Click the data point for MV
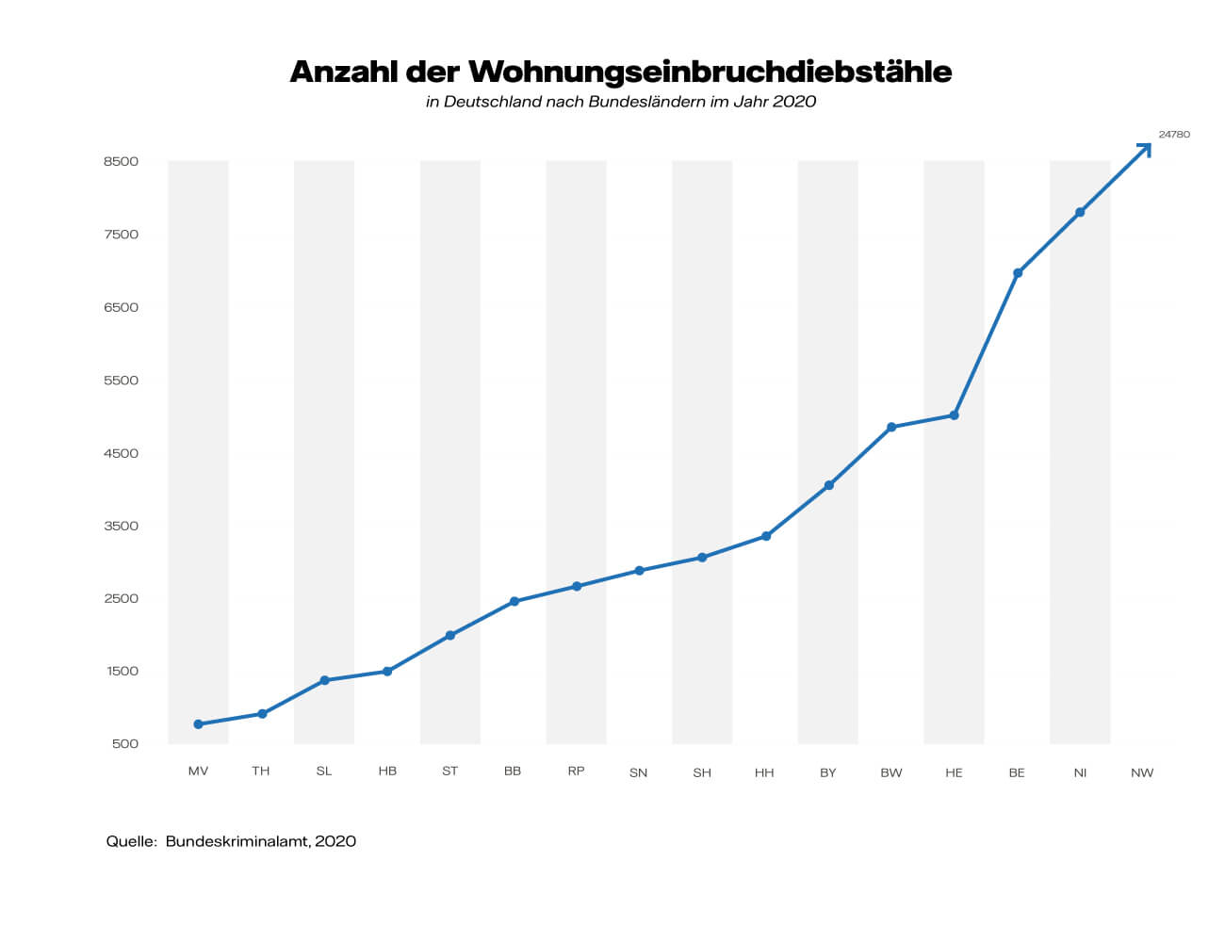(x=198, y=724)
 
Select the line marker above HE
(x=954, y=415)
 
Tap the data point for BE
(x=1018, y=273)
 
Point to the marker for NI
(x=1080, y=213)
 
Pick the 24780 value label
(x=1174, y=135)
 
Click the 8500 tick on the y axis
(x=121, y=161)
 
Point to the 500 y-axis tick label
(x=124, y=744)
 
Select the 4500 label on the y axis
(x=121, y=453)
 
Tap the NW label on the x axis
(x=1142, y=772)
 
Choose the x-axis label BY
(x=827, y=772)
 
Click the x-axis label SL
(x=324, y=771)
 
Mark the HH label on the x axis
(x=764, y=772)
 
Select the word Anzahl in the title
(x=343, y=72)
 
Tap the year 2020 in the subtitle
(x=793, y=102)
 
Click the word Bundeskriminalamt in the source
(x=237, y=841)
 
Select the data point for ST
(x=450, y=636)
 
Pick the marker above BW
(x=891, y=428)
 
